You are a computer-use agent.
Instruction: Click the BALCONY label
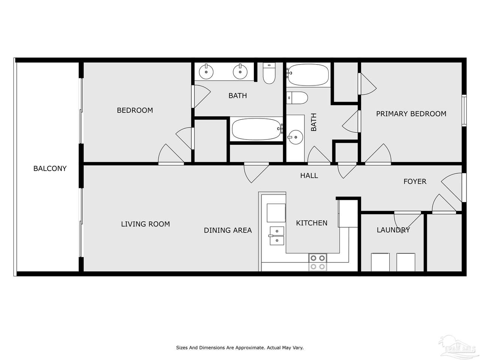(x=50, y=168)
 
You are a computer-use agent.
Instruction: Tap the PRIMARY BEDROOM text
(x=411, y=114)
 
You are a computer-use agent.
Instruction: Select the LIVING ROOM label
(x=145, y=224)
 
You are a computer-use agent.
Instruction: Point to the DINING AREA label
(x=228, y=230)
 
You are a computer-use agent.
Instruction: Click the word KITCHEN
(x=312, y=223)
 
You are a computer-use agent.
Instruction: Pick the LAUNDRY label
(x=393, y=230)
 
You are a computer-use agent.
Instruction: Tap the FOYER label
(x=415, y=181)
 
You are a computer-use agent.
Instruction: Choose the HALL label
(x=309, y=175)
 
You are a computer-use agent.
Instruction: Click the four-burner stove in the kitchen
(x=318, y=262)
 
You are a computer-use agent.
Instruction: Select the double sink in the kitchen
(x=277, y=236)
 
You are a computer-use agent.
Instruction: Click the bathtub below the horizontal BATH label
(x=257, y=129)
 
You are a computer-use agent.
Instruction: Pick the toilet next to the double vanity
(x=269, y=73)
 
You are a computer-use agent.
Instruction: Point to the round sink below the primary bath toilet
(x=295, y=137)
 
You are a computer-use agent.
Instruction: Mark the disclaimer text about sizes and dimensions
(x=240, y=348)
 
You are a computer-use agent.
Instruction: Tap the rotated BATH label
(x=313, y=122)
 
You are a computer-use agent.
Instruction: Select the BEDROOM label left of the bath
(x=135, y=110)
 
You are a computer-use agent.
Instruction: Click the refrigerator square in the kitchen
(x=276, y=213)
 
